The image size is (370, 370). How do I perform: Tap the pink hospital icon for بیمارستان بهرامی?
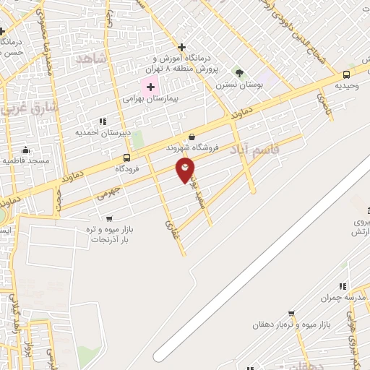(151, 87)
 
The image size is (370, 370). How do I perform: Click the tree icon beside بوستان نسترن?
(239, 72)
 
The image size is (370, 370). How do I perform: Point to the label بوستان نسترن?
(238, 84)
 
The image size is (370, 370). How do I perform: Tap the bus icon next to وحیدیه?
(346, 74)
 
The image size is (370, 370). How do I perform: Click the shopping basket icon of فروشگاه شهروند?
(192, 136)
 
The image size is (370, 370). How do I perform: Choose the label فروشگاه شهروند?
(191, 147)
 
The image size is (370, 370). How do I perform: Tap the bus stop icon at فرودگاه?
(127, 158)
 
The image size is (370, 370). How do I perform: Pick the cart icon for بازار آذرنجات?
(108, 218)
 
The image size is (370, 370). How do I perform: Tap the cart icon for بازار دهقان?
(291, 314)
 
